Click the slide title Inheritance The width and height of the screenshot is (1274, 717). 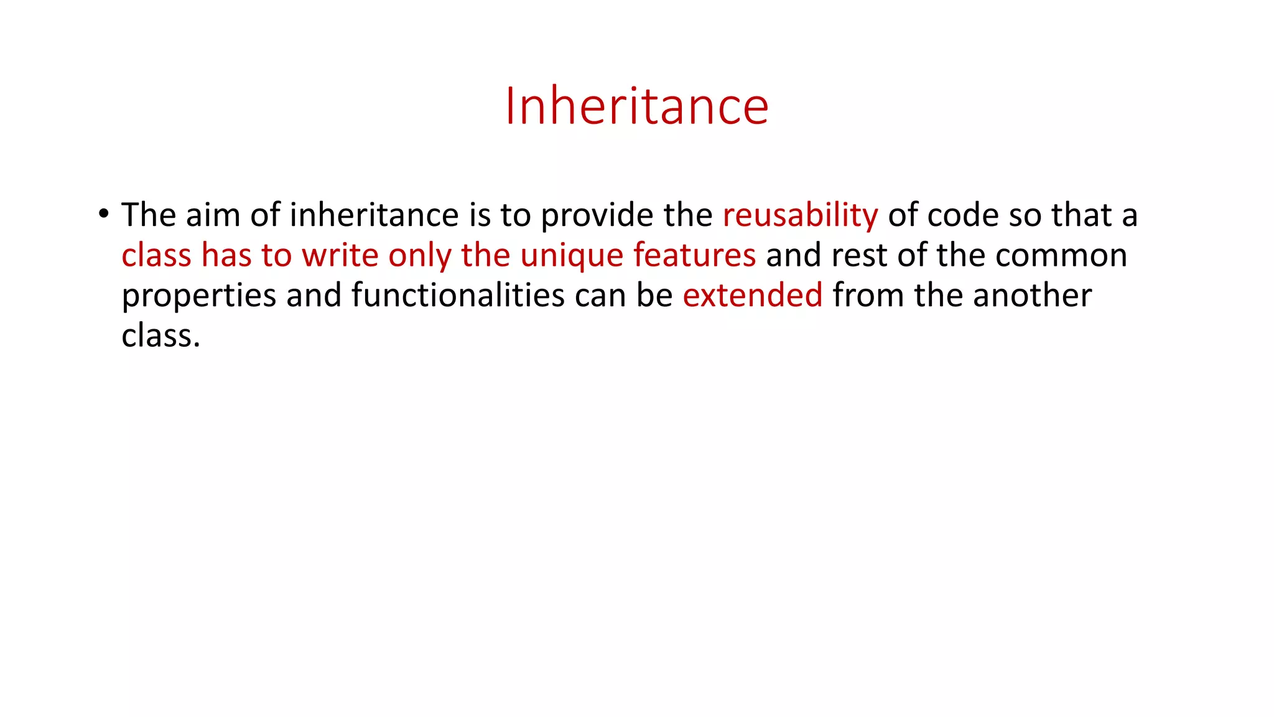coord(636,106)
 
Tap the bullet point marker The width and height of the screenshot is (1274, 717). coord(103,214)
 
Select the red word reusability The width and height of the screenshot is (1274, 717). coord(800,215)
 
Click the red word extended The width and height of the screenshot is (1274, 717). coord(752,295)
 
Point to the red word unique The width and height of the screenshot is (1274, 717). coord(572,256)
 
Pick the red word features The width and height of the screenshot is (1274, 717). coord(694,255)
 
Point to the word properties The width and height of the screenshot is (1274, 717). coord(198,296)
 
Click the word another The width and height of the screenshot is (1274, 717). coord(1032,295)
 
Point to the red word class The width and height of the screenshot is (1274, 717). coord(156,255)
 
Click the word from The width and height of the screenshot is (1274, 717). coord(868,295)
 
